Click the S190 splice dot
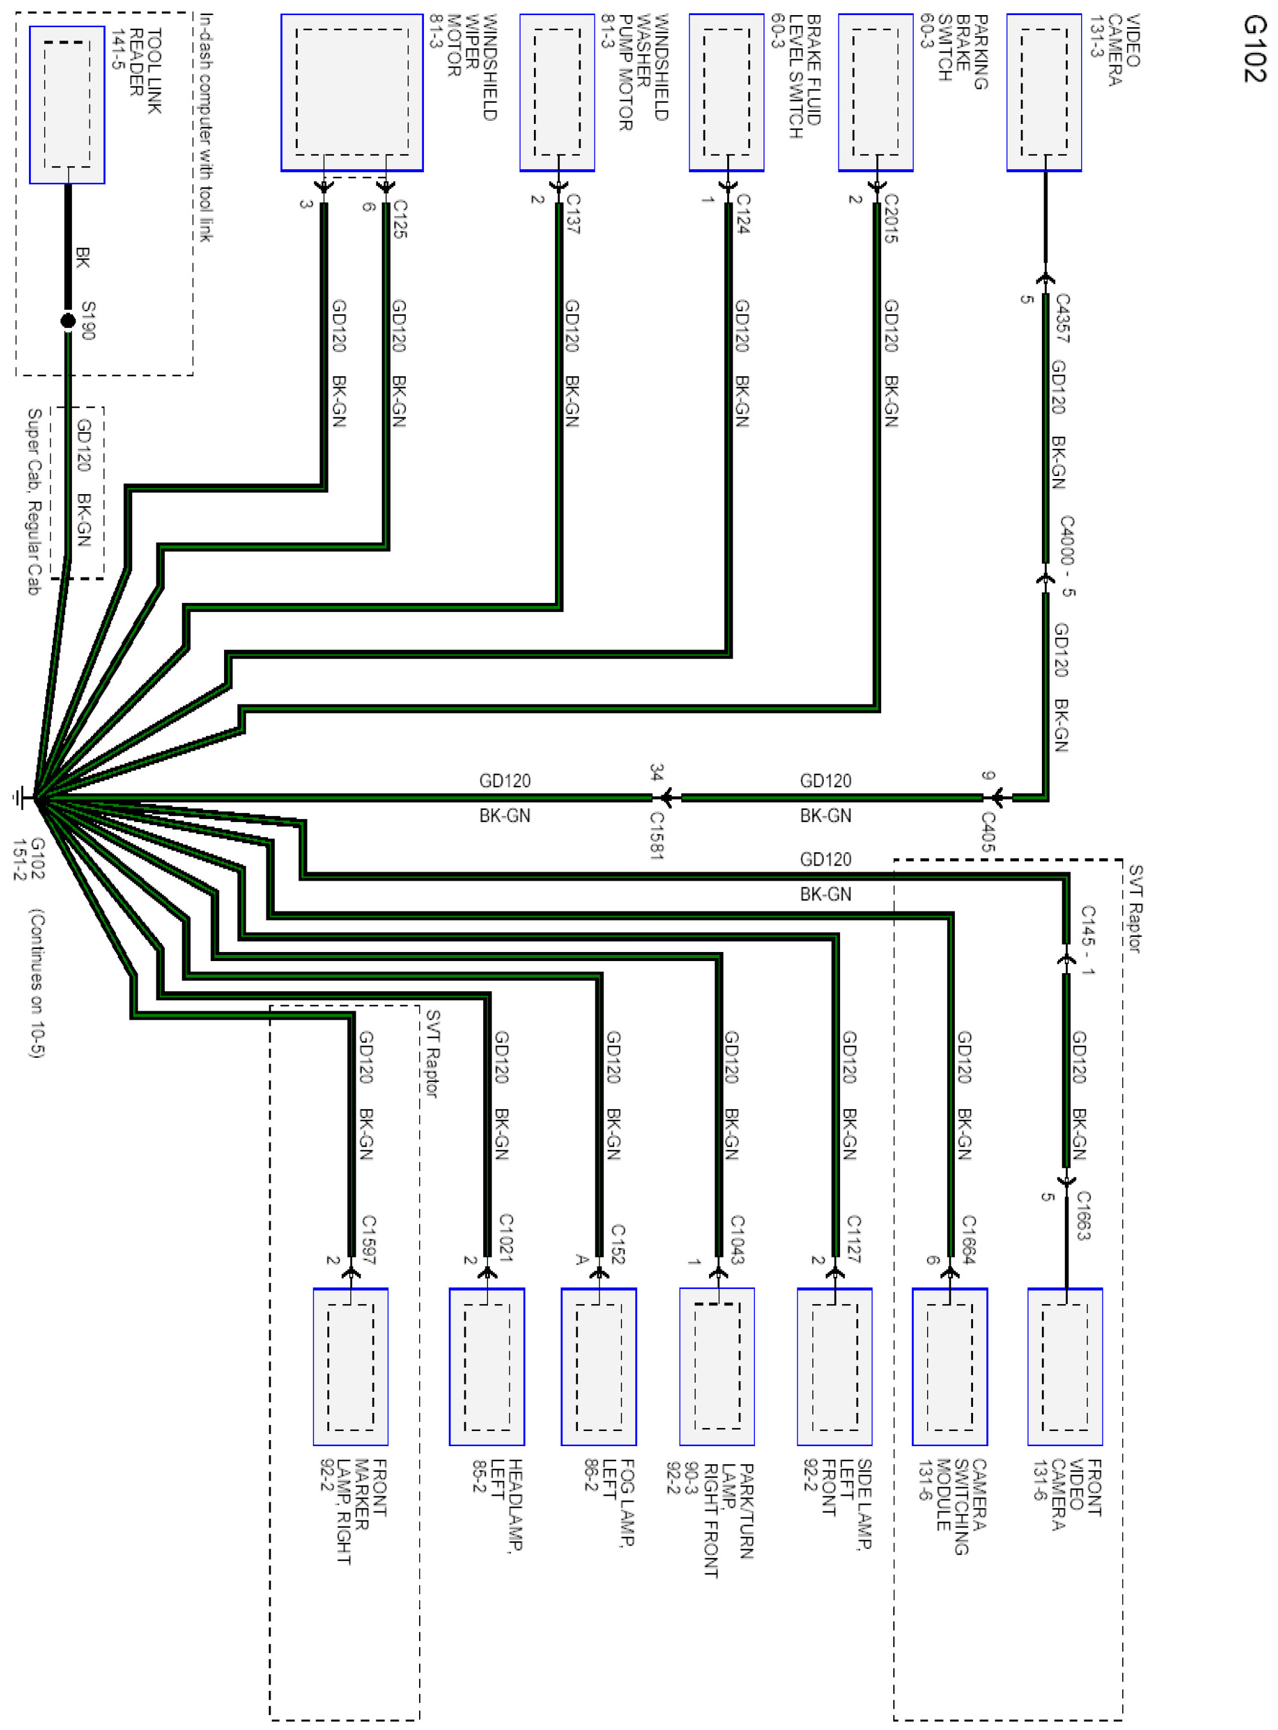[68, 320]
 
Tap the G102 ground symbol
[22, 798]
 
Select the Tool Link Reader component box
[67, 105]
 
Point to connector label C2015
[890, 218]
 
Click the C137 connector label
[573, 214]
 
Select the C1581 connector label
[657, 835]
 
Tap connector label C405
[988, 831]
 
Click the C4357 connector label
[1062, 317]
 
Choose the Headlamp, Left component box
[487, 1366]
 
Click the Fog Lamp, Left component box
[598, 1366]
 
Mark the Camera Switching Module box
[949, 1366]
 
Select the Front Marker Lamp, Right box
[350, 1366]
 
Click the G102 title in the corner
[1254, 48]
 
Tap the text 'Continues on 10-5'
[36, 983]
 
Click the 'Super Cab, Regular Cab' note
[34, 501]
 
